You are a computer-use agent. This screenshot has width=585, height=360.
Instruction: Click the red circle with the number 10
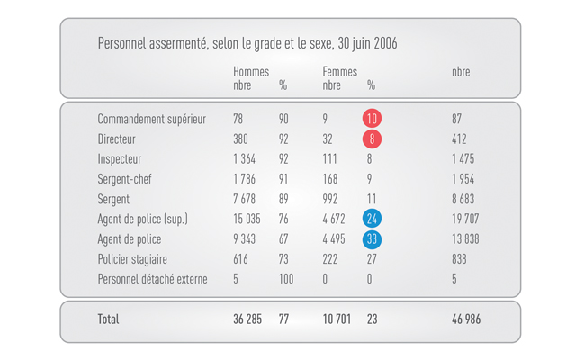(372, 119)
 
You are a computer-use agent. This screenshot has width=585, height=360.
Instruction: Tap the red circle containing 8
(371, 139)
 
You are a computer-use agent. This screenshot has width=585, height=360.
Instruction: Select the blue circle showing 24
(372, 219)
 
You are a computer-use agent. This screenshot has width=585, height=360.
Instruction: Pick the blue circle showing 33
(372, 239)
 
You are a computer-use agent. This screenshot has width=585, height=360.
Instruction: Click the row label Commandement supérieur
(151, 119)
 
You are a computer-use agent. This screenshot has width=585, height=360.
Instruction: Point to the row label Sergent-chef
(124, 179)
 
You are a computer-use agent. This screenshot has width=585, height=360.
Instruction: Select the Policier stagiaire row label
(132, 259)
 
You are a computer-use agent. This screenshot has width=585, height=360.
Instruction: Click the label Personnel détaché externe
(152, 279)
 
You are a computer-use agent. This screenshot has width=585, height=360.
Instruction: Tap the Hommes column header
(251, 72)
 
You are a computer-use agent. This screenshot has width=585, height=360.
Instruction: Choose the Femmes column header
(339, 72)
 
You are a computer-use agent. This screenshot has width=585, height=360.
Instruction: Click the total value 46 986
(466, 319)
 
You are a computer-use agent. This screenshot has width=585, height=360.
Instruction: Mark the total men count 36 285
(247, 319)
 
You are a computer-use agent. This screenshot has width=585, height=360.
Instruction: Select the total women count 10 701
(337, 319)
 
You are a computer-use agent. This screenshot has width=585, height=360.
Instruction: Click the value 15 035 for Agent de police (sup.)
(247, 219)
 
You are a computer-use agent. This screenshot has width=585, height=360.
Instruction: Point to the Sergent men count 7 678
(245, 199)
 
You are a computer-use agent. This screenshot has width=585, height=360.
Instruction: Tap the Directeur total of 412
(459, 139)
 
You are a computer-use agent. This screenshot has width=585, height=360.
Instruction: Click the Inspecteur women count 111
(329, 159)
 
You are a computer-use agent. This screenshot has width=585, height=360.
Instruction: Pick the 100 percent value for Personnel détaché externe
(286, 279)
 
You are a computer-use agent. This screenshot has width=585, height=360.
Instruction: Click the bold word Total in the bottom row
(108, 319)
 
